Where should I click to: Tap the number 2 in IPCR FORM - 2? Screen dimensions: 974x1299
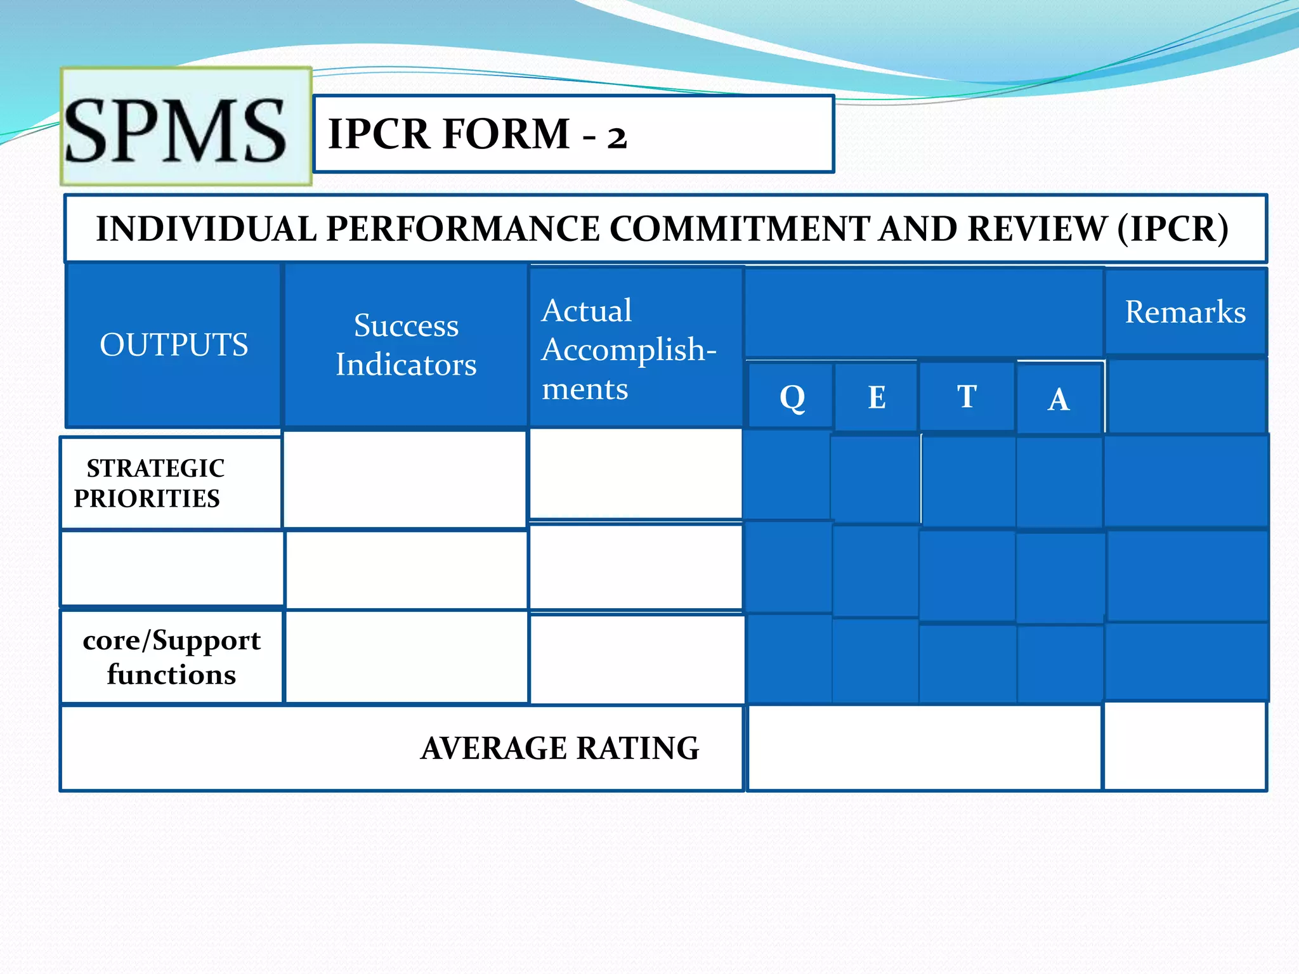point(617,137)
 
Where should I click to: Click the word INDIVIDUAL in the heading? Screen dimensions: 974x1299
point(206,229)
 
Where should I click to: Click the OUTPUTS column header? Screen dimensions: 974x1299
point(174,345)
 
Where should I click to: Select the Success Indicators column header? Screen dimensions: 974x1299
point(406,345)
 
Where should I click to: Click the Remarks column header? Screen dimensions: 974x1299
point(1185,312)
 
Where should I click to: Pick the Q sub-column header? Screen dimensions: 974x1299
point(792,398)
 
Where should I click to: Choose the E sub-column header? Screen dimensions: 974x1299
point(877,398)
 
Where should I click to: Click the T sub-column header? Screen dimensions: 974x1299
point(967,397)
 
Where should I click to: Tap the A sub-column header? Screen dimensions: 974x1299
point(1058,399)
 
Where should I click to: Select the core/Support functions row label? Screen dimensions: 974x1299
point(171,657)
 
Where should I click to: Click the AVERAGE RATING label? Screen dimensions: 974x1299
point(559,748)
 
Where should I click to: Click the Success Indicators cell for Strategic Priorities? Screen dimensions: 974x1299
point(405,479)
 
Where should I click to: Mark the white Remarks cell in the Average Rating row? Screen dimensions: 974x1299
point(1185,747)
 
